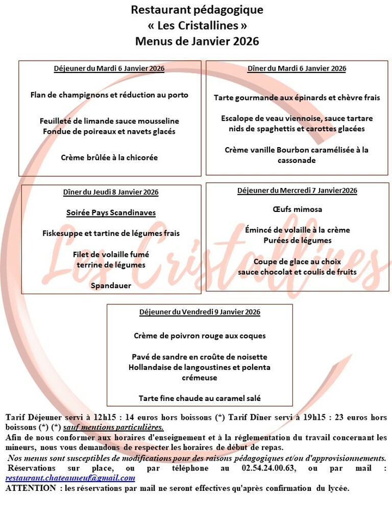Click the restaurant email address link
70,478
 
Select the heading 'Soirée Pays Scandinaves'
111,212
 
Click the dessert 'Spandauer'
111,286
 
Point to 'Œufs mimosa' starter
297,209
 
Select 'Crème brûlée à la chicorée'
109,157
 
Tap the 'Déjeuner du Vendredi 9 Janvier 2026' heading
200,312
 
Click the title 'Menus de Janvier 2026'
197,41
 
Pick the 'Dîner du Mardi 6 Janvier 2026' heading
297,68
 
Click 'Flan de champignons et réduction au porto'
109,94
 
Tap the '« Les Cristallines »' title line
197,26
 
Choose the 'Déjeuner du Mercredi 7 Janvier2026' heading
297,191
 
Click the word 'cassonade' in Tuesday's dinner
297,160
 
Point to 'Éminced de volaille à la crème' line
297,230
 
